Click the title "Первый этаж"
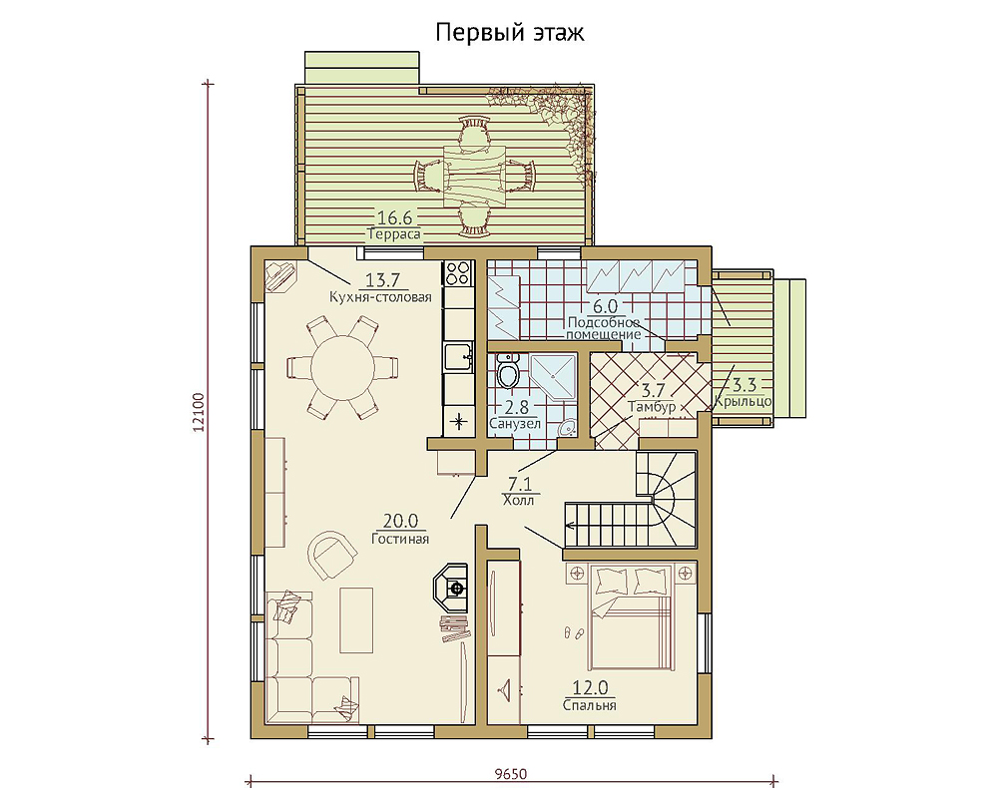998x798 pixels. click(509, 33)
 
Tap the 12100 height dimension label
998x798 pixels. click(198, 412)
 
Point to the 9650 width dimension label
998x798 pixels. click(511, 774)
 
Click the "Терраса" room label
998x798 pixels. click(394, 234)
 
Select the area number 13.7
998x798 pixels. click(382, 280)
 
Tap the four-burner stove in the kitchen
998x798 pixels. click(458, 273)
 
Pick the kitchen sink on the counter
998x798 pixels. click(458, 356)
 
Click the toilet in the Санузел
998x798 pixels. click(508, 372)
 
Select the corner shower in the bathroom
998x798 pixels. click(553, 377)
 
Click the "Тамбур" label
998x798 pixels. click(651, 407)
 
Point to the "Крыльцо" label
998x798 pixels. click(743, 402)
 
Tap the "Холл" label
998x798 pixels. click(518, 500)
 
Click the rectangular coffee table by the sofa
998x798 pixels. click(356, 620)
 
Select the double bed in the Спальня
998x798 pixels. click(630, 615)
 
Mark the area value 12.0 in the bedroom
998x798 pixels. click(590, 688)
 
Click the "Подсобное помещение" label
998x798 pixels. click(603, 328)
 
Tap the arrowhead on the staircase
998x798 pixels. click(570, 526)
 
